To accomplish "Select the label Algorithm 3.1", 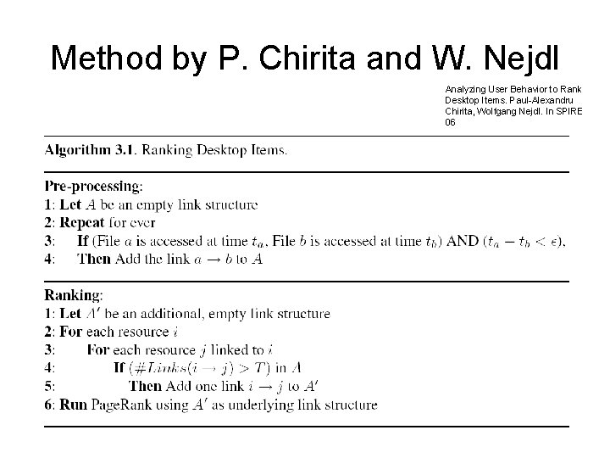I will tap(90, 151).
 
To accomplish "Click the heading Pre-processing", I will tap(93, 187).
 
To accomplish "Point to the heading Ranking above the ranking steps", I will tap(74, 296).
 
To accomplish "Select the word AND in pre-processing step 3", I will tap(463, 241).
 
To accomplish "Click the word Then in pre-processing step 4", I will tap(93, 259).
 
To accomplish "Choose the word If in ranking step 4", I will tap(118, 368).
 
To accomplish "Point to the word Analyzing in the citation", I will tap(465, 88).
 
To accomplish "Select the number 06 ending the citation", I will tap(449, 122).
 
